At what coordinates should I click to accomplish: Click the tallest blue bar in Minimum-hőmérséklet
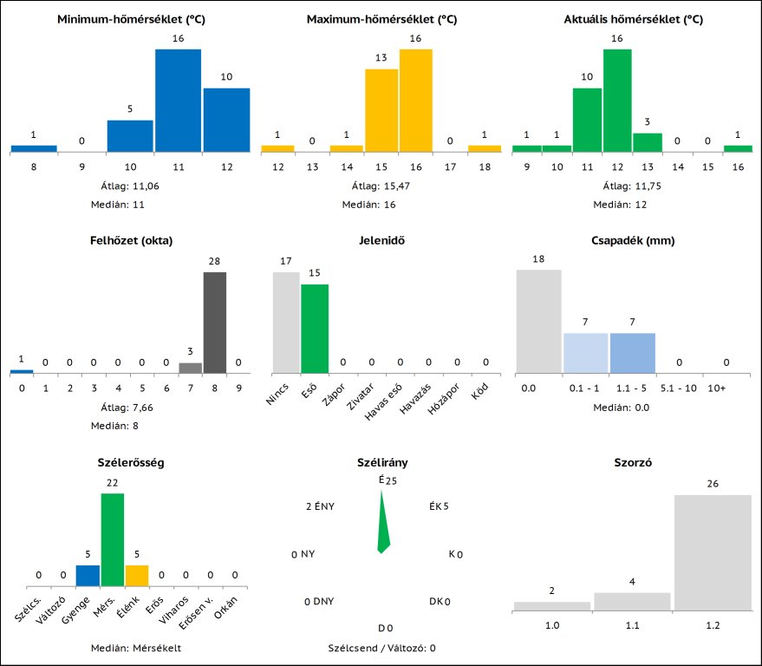(178, 101)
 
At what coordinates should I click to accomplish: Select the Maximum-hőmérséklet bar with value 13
(381, 111)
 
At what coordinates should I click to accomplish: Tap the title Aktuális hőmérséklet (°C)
(634, 19)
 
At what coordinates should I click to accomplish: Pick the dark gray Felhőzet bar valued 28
(214, 322)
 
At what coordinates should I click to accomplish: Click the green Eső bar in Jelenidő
(315, 329)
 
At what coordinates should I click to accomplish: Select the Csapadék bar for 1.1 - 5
(632, 353)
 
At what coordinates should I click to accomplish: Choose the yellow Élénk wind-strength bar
(137, 576)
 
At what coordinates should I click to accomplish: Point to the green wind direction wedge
(382, 525)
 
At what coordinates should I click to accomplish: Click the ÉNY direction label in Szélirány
(321, 506)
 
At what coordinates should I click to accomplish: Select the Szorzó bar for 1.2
(713, 552)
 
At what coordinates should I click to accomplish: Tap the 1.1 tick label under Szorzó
(632, 625)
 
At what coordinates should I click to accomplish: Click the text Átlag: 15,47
(381, 186)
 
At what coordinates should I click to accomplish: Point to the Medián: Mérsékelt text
(136, 648)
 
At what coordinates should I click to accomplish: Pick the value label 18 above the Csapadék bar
(539, 258)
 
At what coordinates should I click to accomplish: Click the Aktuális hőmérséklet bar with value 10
(587, 120)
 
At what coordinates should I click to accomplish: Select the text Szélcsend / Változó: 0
(381, 648)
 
